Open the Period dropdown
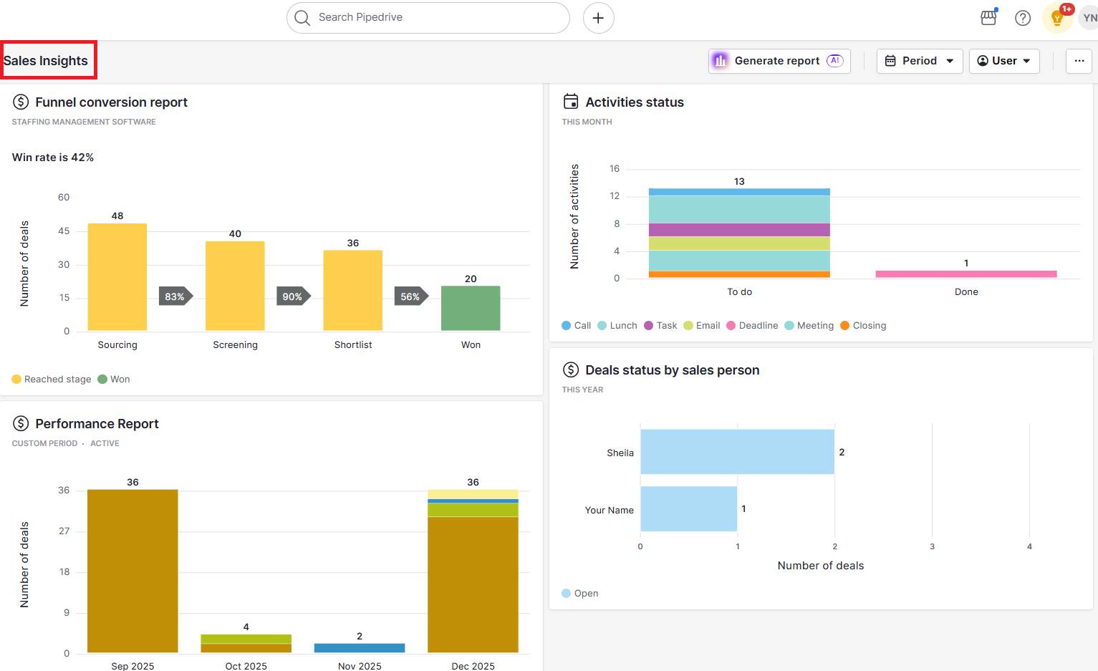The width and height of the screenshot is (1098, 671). click(x=919, y=61)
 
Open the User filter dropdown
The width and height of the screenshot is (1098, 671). click(x=1004, y=61)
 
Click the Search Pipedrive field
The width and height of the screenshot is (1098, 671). click(x=428, y=17)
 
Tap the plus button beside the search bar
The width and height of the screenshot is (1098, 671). click(x=598, y=18)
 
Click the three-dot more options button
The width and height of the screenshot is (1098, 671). click(x=1079, y=61)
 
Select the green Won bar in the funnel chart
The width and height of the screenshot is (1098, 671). click(x=471, y=308)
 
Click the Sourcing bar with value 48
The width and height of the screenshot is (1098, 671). click(x=117, y=277)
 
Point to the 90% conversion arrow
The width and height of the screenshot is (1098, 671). click(x=293, y=296)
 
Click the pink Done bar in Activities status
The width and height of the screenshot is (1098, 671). click(x=965, y=274)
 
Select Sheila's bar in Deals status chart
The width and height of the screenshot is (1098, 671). click(x=737, y=452)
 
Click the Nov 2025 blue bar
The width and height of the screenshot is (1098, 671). click(x=360, y=647)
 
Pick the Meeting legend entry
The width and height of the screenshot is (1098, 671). click(x=809, y=325)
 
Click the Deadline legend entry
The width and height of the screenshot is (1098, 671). click(x=752, y=325)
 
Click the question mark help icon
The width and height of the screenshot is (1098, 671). click(x=1023, y=18)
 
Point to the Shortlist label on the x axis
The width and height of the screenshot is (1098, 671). click(x=353, y=344)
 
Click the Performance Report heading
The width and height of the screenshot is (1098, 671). click(x=97, y=424)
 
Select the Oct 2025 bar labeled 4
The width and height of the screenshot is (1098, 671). click(x=246, y=643)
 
